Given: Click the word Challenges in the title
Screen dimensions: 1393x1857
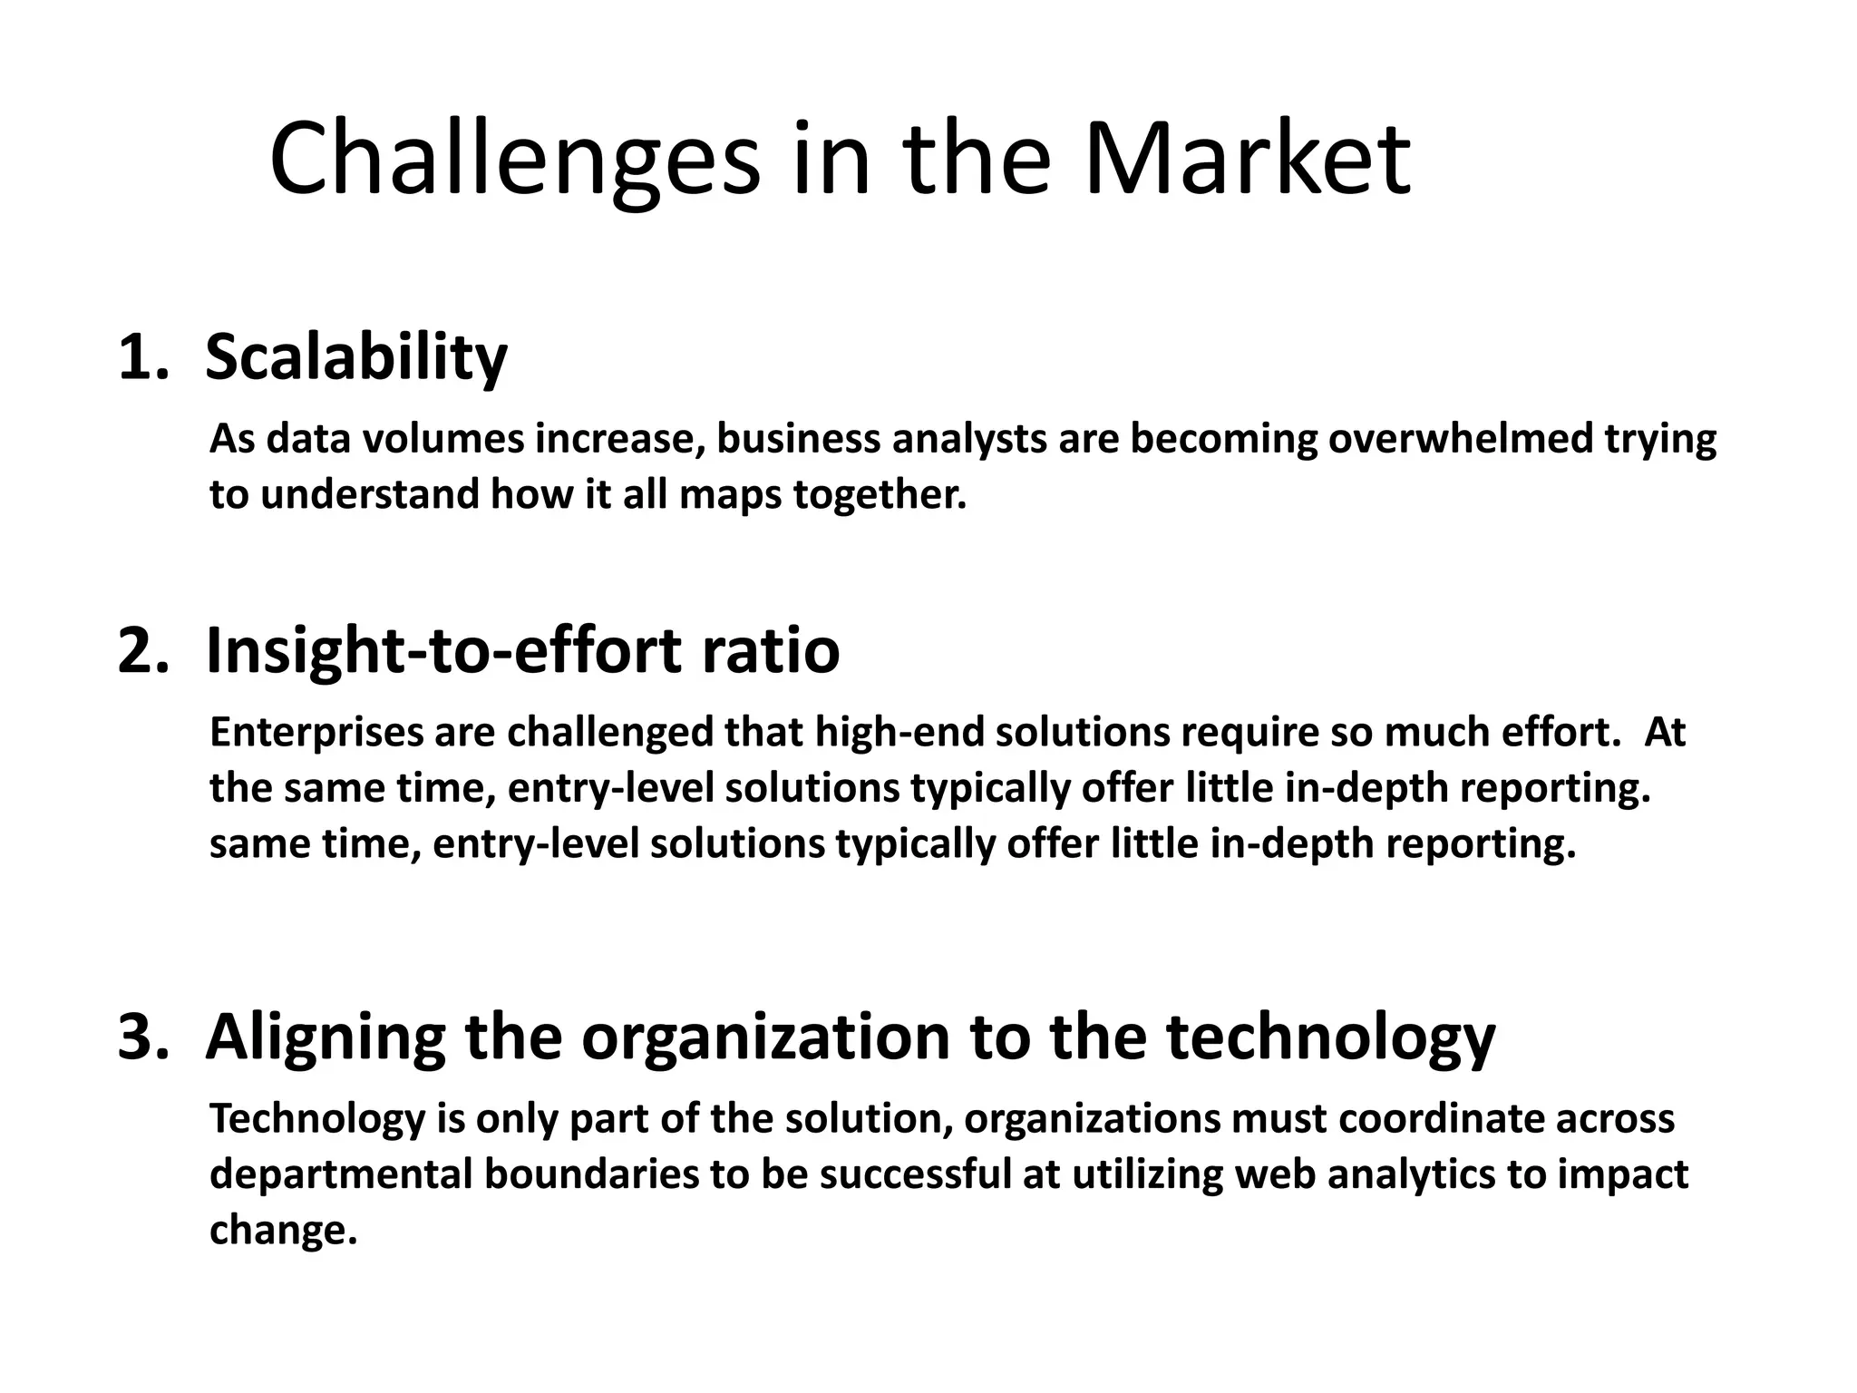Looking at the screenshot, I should (x=514, y=160).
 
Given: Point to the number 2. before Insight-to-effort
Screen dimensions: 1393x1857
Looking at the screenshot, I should (x=143, y=650).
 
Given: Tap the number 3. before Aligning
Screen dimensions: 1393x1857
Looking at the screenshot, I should (x=143, y=1037).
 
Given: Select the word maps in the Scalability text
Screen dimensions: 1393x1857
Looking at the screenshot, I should (x=733, y=495).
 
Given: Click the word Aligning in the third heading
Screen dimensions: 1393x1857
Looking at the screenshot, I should (x=326, y=1037).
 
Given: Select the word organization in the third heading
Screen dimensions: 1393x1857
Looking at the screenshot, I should (x=765, y=1037).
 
